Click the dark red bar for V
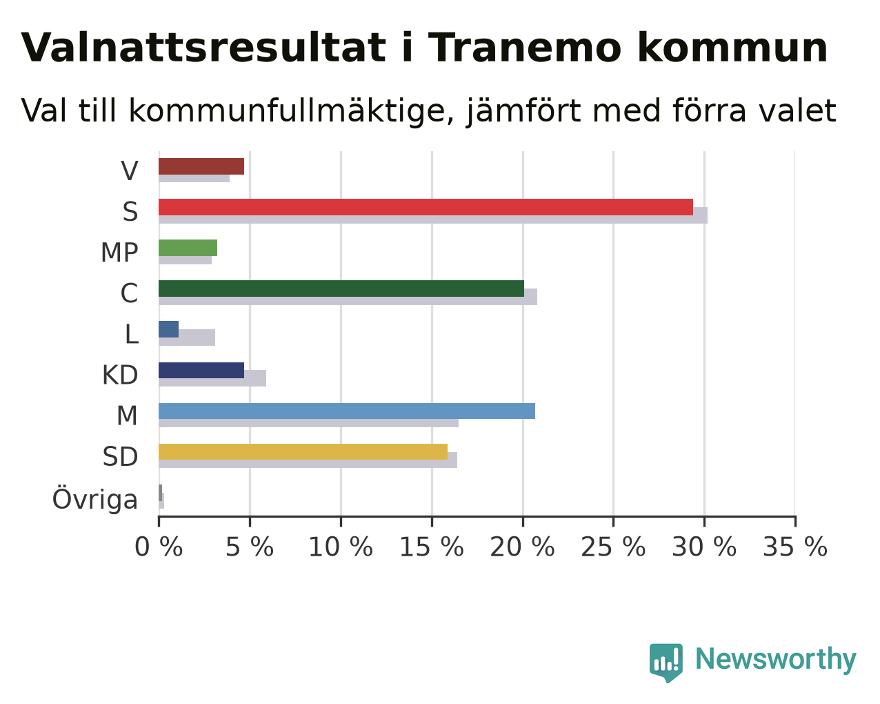[201, 166]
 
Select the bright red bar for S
[426, 207]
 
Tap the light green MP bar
[188, 248]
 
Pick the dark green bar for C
[341, 289]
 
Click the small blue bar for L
[168, 329]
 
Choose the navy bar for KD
[201, 370]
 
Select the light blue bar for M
[347, 411]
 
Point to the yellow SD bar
[303, 451]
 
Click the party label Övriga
[95, 498]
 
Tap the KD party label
[120, 375]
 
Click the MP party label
[119, 253]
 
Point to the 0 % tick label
[159, 547]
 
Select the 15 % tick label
[432, 547]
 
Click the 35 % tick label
[795, 547]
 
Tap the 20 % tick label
[523, 547]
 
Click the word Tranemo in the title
[525, 48]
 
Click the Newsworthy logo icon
[666, 661]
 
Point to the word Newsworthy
[776, 660]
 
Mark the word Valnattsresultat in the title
[203, 48]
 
